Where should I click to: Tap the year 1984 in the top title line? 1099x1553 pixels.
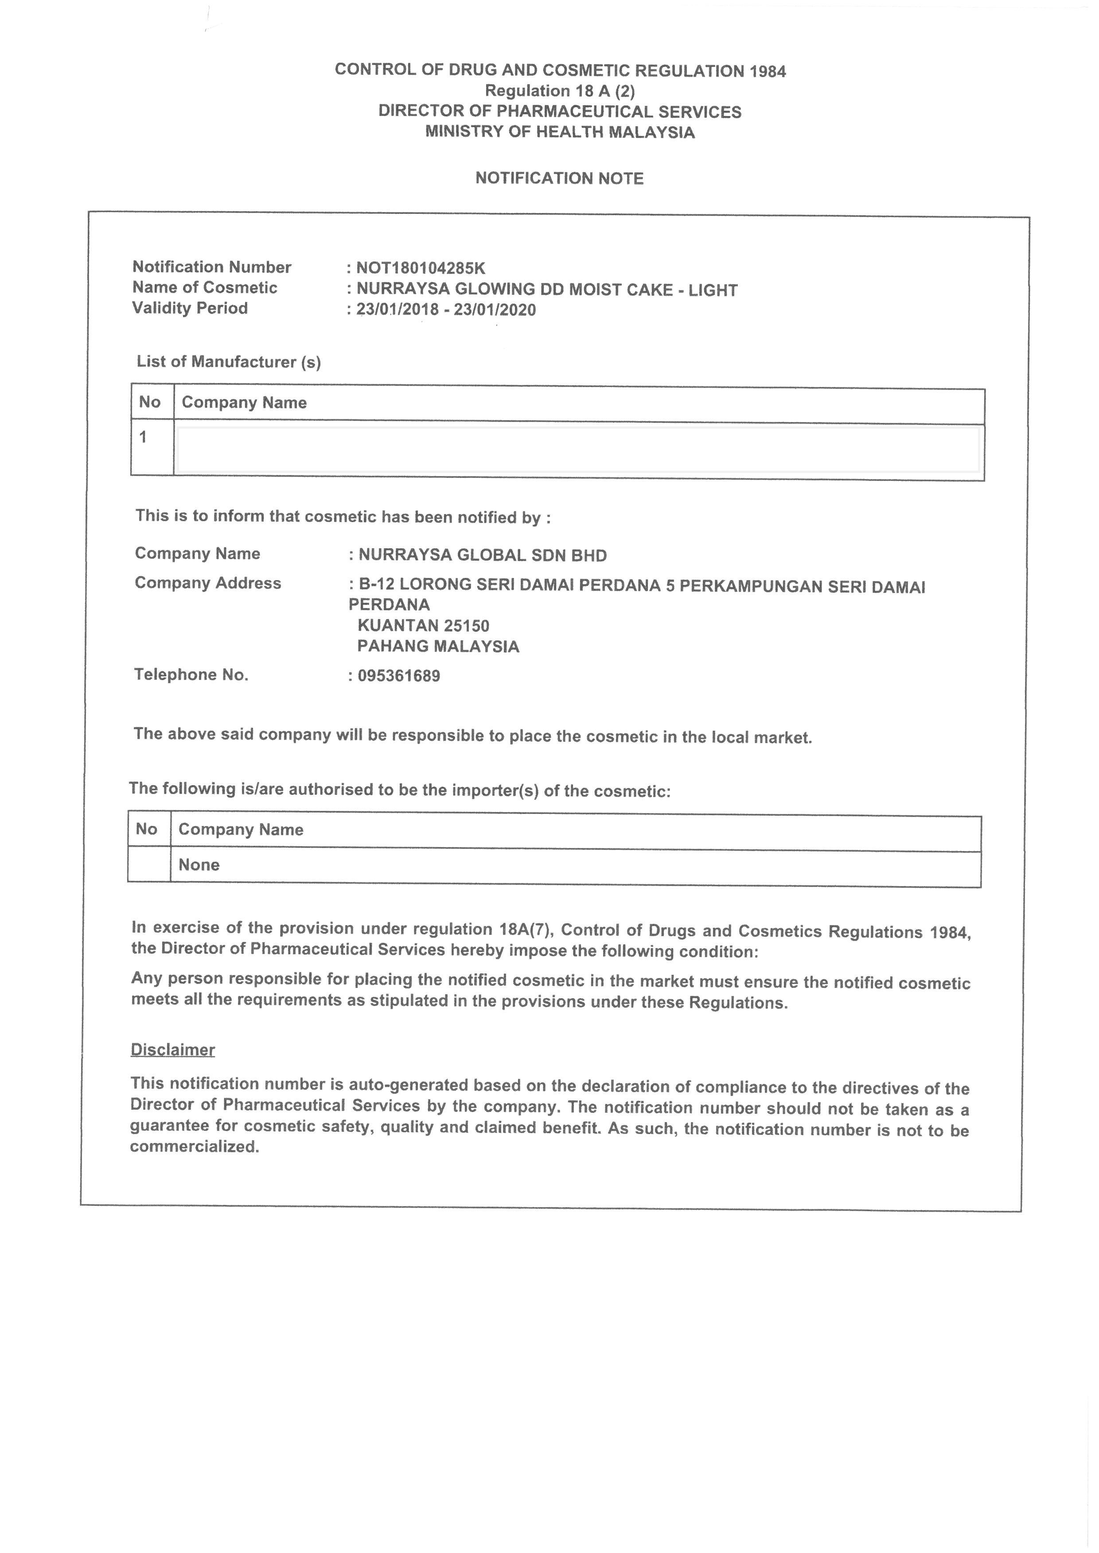768,72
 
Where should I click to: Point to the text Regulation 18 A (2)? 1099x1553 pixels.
560,91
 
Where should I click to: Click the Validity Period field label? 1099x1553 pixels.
190,309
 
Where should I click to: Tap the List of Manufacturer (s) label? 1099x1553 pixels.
229,362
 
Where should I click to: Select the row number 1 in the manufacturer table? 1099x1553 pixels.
143,438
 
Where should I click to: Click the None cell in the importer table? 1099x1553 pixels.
199,865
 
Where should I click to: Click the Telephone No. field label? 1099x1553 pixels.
191,674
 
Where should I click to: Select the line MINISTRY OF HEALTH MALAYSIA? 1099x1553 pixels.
560,132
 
